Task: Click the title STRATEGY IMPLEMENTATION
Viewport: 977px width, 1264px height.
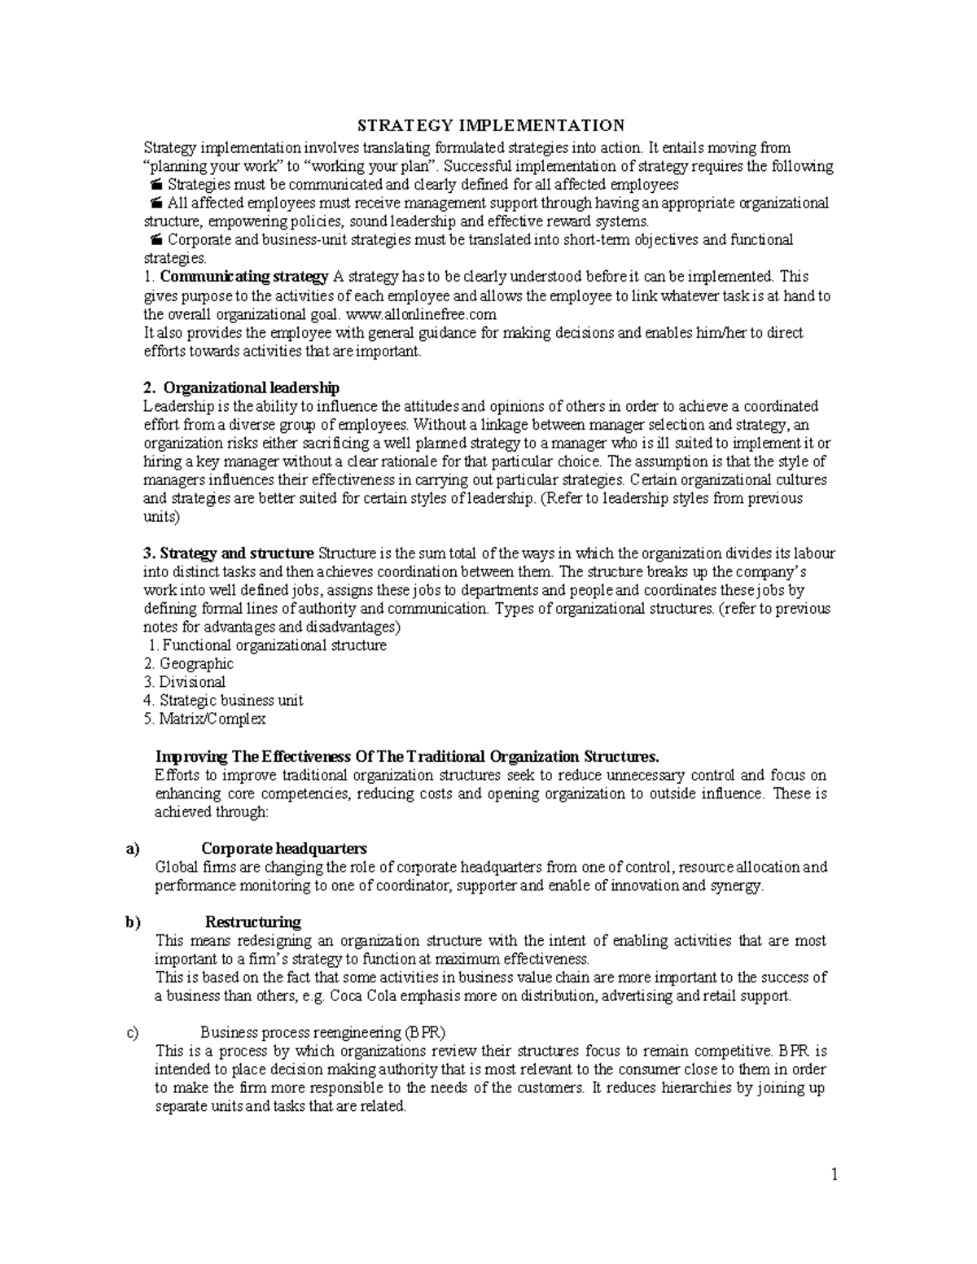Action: click(x=492, y=125)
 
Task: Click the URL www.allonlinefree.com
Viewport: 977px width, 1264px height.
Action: click(x=421, y=314)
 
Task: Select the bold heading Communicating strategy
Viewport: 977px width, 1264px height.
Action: click(x=244, y=277)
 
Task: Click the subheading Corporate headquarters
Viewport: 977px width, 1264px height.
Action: click(x=284, y=849)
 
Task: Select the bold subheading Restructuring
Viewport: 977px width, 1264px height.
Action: click(x=253, y=922)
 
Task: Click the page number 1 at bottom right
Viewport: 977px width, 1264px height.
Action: click(x=835, y=1174)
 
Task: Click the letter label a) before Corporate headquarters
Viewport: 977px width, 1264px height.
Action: click(x=133, y=849)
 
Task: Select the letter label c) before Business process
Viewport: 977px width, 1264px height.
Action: click(x=133, y=1033)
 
